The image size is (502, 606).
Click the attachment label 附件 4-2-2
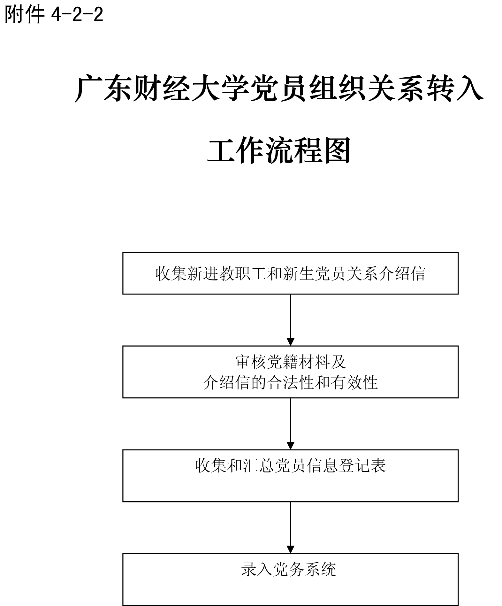click(54, 14)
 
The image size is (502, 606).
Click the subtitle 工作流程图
click(279, 150)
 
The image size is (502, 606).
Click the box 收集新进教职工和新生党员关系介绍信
click(290, 273)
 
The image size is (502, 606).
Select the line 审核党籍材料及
click(290, 362)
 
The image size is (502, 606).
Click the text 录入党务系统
click(288, 570)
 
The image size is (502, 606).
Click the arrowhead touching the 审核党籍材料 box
click(290, 341)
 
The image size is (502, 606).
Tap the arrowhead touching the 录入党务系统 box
click(290, 549)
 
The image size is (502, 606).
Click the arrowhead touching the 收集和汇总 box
click(290, 445)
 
